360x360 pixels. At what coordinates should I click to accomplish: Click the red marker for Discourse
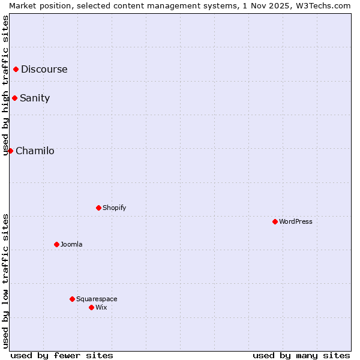pyautogui.click(x=16, y=69)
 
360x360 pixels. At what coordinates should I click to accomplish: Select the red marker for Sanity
pyautogui.click(x=15, y=98)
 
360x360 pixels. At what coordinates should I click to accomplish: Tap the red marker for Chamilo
pyautogui.click(x=11, y=151)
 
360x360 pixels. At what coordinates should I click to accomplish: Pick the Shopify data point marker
pyautogui.click(x=98, y=208)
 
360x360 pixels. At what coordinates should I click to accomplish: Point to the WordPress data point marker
pyautogui.click(x=275, y=221)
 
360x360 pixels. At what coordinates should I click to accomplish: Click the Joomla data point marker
pyautogui.click(x=56, y=244)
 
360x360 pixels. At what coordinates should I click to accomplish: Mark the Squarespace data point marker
pyautogui.click(x=72, y=299)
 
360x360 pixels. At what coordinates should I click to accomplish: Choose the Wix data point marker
pyautogui.click(x=91, y=307)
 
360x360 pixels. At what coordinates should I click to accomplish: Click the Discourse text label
pyautogui.click(x=44, y=69)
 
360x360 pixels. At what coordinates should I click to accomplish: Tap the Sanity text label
pyautogui.click(x=35, y=98)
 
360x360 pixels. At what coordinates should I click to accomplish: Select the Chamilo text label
pyautogui.click(x=35, y=151)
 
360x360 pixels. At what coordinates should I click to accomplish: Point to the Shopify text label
pyautogui.click(x=114, y=208)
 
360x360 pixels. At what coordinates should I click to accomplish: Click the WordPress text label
pyautogui.click(x=295, y=221)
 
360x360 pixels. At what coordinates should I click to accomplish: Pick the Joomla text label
pyautogui.click(x=71, y=244)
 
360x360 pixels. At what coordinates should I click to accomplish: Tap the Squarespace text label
pyautogui.click(x=97, y=299)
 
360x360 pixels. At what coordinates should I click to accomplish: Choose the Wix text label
pyautogui.click(x=101, y=307)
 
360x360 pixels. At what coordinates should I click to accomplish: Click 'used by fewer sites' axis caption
pyautogui.click(x=62, y=355)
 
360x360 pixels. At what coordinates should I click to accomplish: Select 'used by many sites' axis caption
pyautogui.click(x=301, y=355)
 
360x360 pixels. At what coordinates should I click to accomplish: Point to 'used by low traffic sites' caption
pyautogui.click(x=5, y=281)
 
